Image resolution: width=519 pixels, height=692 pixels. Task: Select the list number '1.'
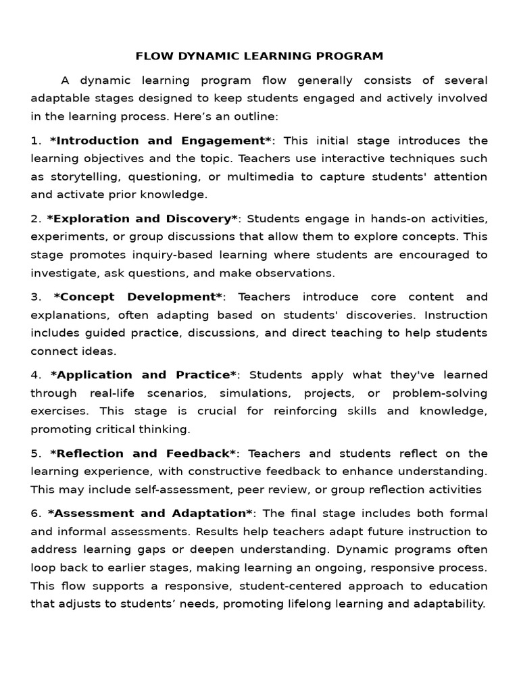tap(36, 141)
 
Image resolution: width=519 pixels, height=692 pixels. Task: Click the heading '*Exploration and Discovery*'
tap(143, 219)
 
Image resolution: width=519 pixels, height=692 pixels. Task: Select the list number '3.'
tap(36, 297)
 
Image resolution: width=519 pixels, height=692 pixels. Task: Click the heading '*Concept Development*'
tap(138, 297)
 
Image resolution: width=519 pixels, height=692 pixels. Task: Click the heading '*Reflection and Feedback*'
tap(143, 453)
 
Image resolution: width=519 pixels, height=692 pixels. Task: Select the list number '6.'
tap(36, 513)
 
